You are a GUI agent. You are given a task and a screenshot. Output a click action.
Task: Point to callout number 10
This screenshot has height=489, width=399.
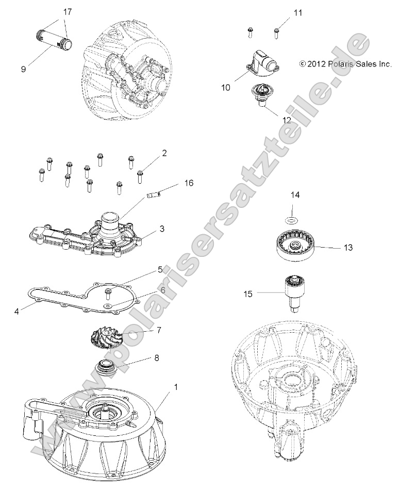(226, 87)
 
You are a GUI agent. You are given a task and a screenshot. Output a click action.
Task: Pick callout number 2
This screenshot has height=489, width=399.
(164, 153)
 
